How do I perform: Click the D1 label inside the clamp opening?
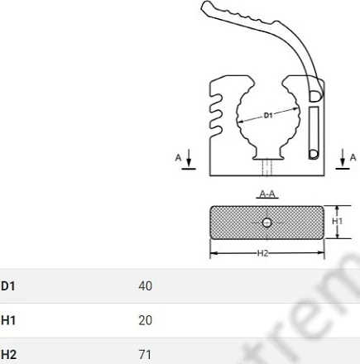(x=268, y=115)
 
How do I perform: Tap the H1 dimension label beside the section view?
(x=337, y=221)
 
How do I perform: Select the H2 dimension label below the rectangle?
(x=262, y=253)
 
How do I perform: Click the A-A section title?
(x=267, y=194)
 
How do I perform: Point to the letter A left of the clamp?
(x=178, y=158)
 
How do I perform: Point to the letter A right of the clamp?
(x=353, y=157)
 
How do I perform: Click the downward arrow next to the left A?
(x=189, y=158)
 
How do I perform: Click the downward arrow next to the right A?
(x=343, y=158)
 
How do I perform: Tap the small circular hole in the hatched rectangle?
(x=266, y=223)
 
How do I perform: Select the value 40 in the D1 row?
(x=146, y=286)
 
